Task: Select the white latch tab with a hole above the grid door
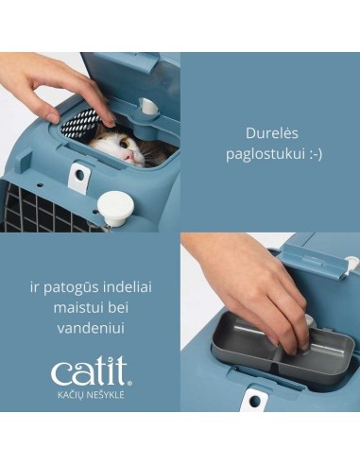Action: point(78,175)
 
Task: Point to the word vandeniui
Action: point(90,327)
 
